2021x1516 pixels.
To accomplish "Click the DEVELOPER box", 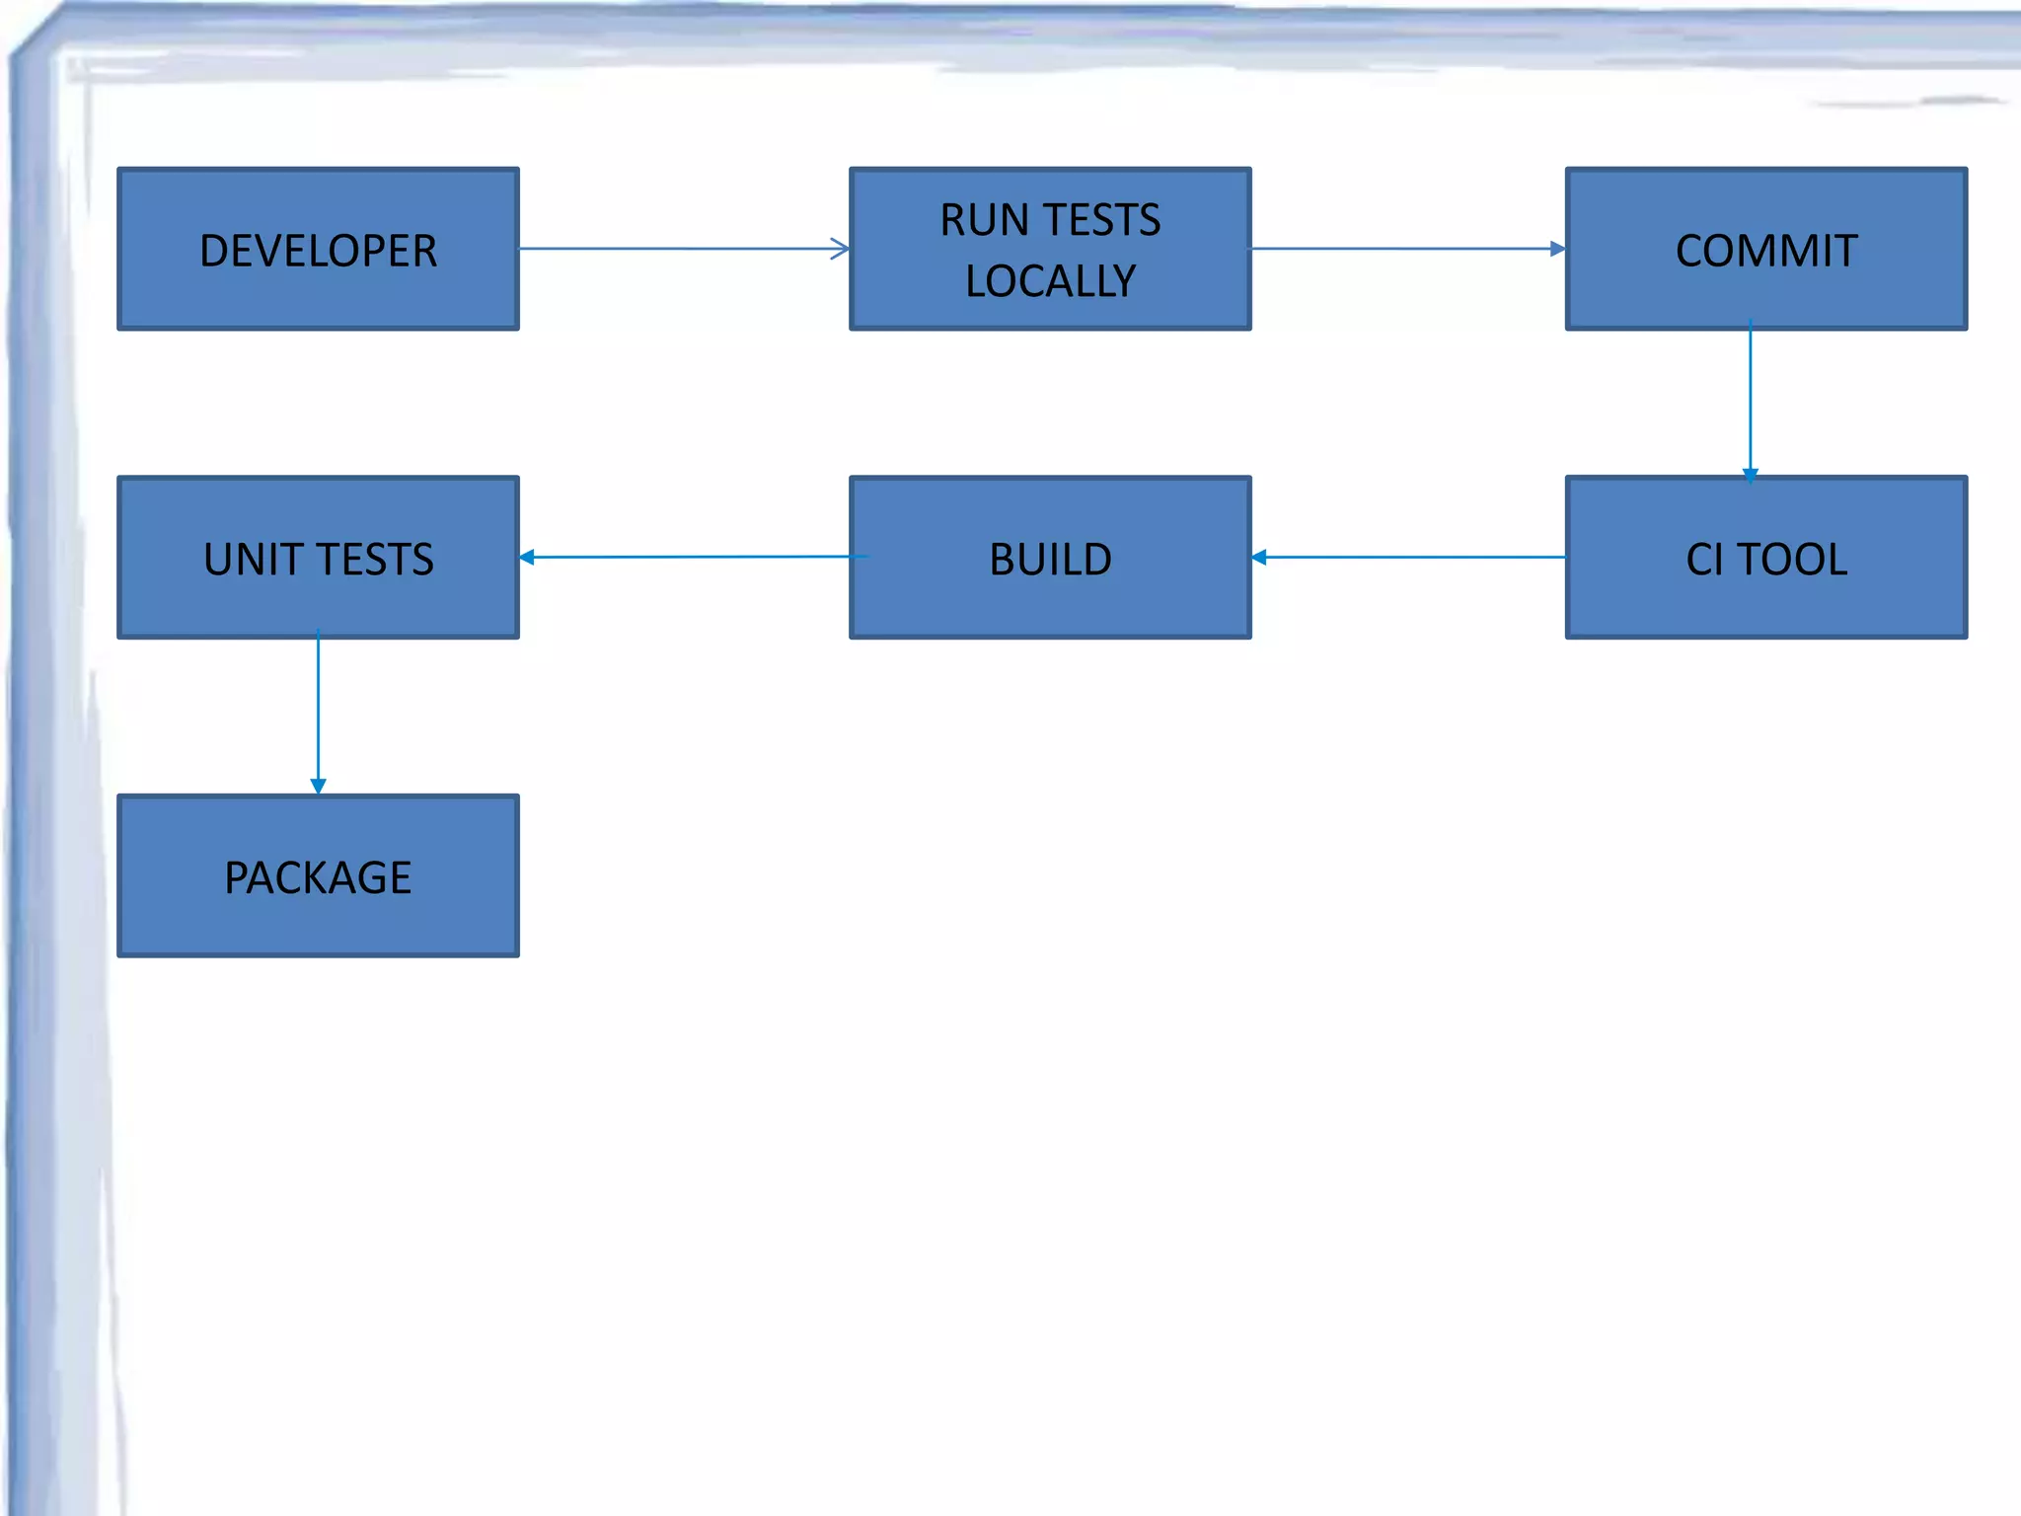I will pyautogui.click(x=318, y=249).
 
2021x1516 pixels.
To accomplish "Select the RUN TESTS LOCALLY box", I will pyautogui.click(x=1050, y=249).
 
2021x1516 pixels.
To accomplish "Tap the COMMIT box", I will pyautogui.click(x=1765, y=249).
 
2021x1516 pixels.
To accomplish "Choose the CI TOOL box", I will pyautogui.click(x=1765, y=558).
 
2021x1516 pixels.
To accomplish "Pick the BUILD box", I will pyautogui.click(x=1050, y=558).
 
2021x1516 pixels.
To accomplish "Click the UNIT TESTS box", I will pyautogui.click(x=318, y=558).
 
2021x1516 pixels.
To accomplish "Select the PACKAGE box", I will pyautogui.click(x=318, y=875).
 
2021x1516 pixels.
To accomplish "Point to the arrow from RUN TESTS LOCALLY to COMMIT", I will pyautogui.click(x=1407, y=249).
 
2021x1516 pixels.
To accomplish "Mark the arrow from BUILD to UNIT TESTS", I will pyautogui.click(x=691, y=558).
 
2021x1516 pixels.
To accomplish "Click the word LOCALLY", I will pyautogui.click(x=1050, y=281).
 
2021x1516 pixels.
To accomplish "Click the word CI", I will pyautogui.click(x=1704, y=560).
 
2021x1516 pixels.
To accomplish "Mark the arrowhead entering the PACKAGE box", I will pyautogui.click(x=318, y=786).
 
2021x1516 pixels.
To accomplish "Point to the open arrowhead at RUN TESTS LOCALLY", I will pyautogui.click(x=840, y=249).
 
